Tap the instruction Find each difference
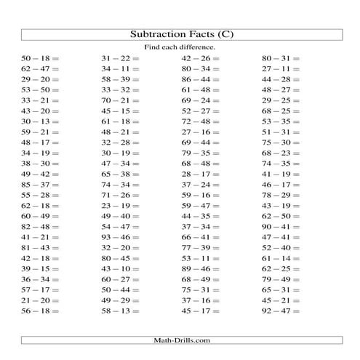pos(181,47)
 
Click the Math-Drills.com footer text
pos(180,340)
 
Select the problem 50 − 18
pos(40,58)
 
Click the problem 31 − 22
pos(120,58)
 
